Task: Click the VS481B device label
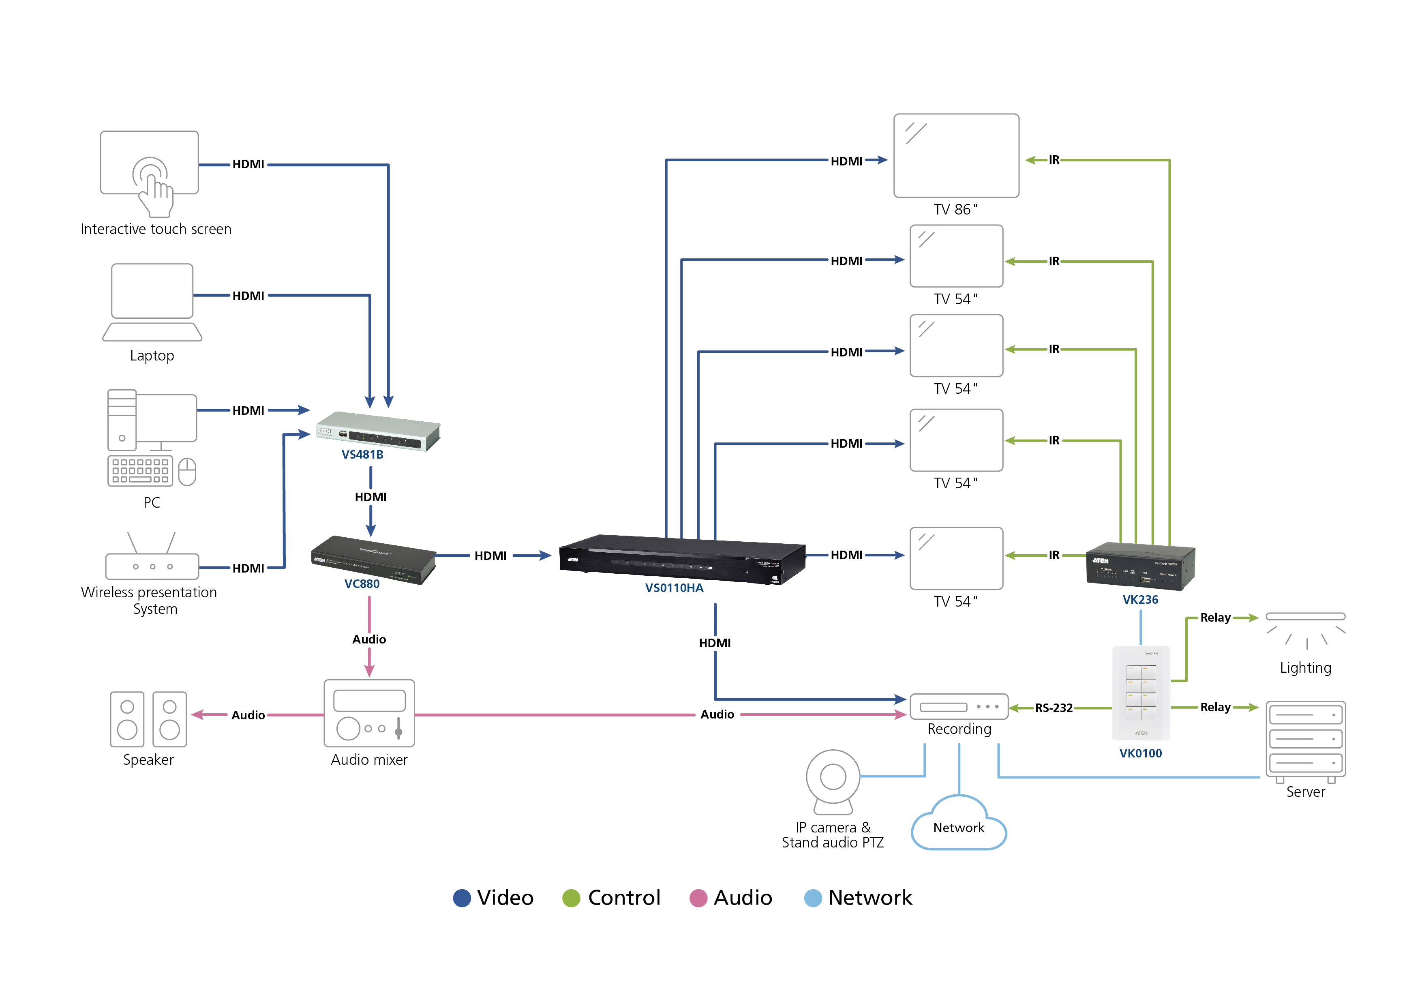[362, 455]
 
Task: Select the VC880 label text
[362, 583]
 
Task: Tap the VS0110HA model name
[674, 588]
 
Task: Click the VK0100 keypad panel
[1141, 693]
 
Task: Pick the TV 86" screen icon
[956, 155]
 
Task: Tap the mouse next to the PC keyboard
[187, 472]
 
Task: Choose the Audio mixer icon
[369, 714]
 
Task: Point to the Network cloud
[959, 825]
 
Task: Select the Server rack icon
[1306, 740]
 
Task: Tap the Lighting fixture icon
[1306, 629]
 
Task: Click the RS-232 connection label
[1054, 708]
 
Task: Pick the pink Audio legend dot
[698, 898]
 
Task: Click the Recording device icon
[959, 707]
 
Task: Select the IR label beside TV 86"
[1054, 160]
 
